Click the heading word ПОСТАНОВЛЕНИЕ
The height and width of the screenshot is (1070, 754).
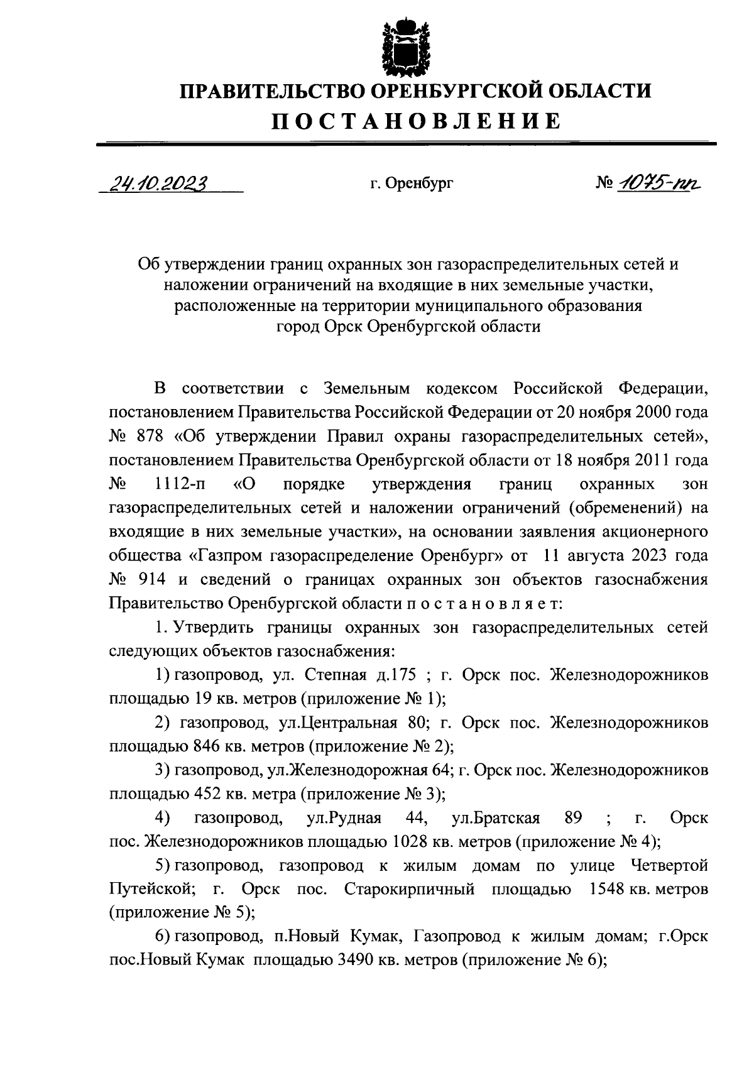(416, 121)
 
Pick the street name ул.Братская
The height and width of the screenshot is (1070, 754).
(496, 818)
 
